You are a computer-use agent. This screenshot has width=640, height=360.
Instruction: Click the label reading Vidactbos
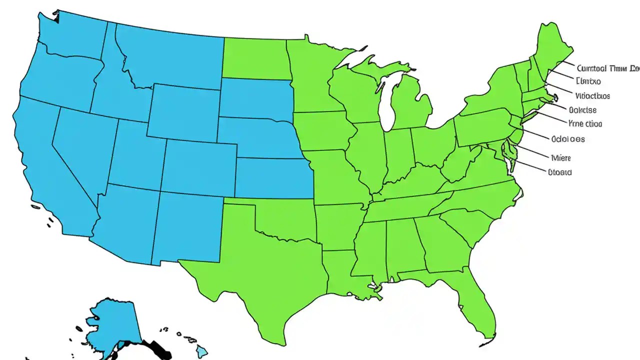(x=592, y=95)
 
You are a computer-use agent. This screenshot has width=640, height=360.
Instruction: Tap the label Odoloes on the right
(x=567, y=139)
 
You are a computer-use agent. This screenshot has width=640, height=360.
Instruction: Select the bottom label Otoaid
(x=559, y=172)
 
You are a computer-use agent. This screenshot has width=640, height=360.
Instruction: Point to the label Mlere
(x=560, y=157)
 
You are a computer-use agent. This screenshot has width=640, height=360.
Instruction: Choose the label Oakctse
(x=582, y=109)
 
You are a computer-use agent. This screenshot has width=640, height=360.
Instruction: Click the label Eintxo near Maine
(x=588, y=81)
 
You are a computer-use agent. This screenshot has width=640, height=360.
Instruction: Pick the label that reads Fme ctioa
(x=585, y=123)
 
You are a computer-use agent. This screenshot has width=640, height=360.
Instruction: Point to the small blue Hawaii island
(x=201, y=352)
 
